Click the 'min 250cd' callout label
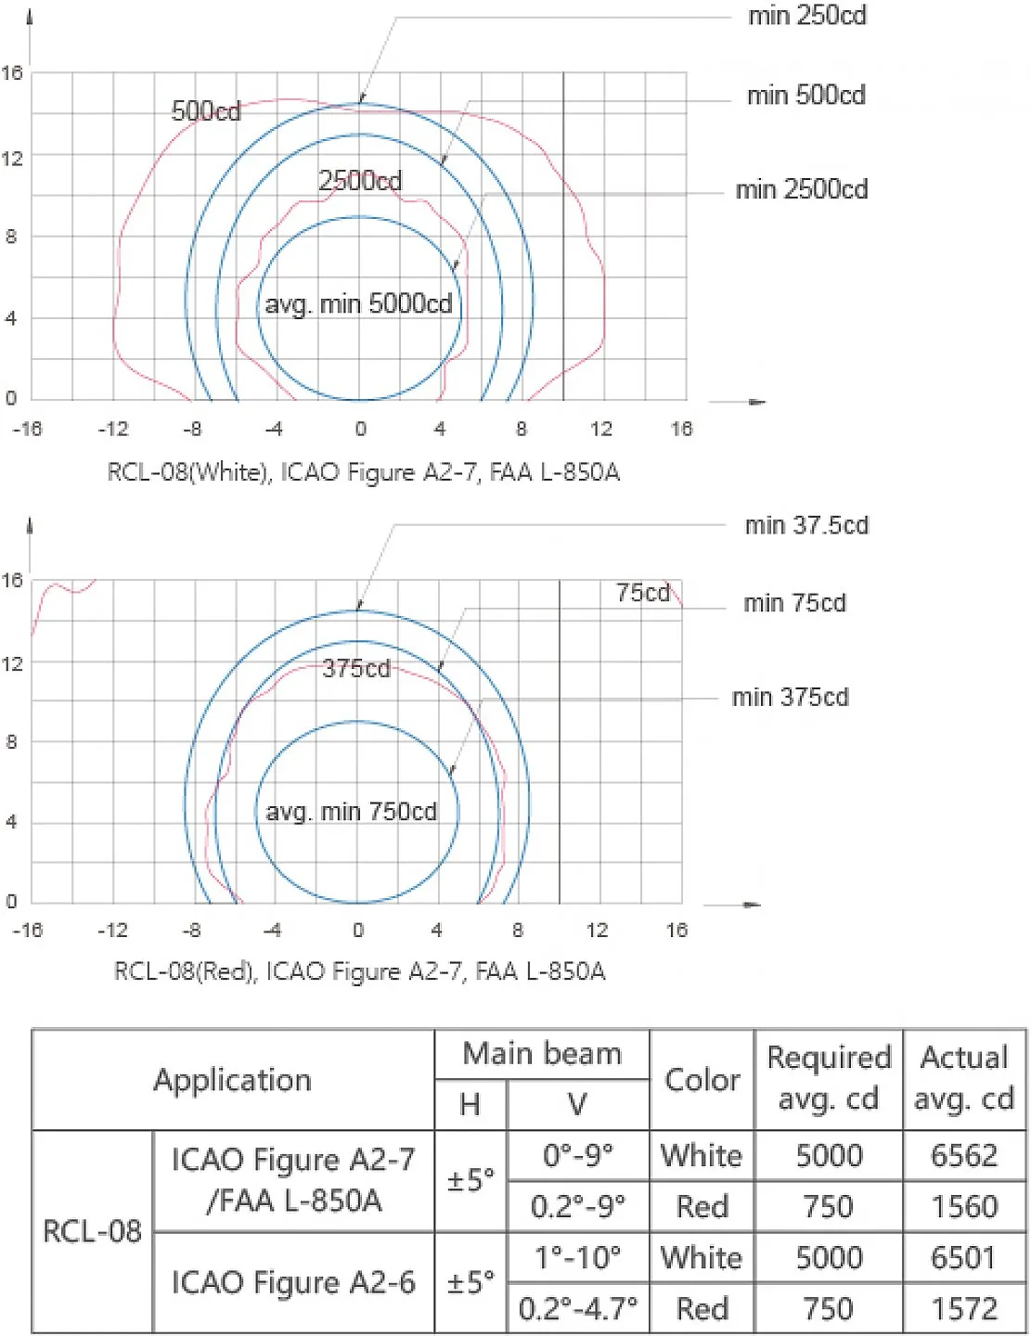coord(806,16)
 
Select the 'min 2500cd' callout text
coord(802,189)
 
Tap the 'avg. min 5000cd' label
coord(358,303)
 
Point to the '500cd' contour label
coord(206,111)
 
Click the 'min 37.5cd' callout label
coord(806,526)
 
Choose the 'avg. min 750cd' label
coord(351,812)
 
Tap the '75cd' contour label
coord(642,593)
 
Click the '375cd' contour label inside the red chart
coord(356,668)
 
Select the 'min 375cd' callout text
coord(790,697)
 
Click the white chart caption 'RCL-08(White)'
coord(189,472)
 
